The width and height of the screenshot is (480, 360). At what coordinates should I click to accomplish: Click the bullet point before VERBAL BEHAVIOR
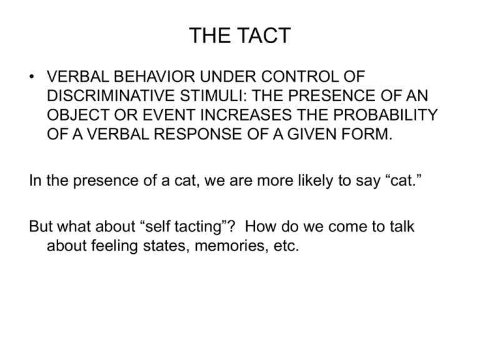31,76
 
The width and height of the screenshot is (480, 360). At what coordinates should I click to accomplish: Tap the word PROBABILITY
386,115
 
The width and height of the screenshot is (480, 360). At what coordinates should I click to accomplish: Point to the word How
260,226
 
